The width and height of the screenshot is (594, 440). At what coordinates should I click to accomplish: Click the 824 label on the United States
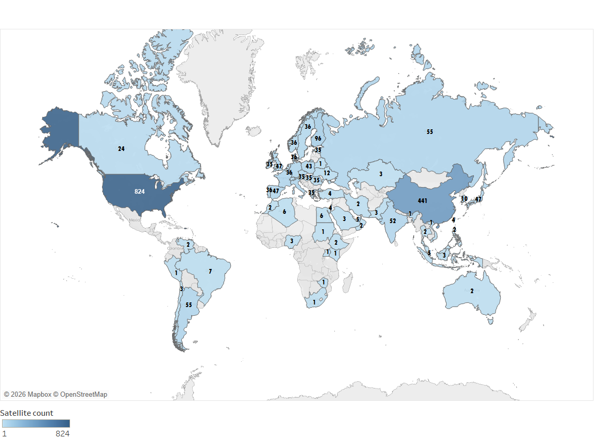point(139,192)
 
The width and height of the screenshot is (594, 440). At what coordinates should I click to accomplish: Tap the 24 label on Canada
point(121,149)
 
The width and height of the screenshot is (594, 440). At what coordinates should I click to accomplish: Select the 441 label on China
point(422,201)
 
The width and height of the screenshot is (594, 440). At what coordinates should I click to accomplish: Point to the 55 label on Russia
point(430,132)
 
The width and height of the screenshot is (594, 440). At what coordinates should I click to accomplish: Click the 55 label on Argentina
point(189,305)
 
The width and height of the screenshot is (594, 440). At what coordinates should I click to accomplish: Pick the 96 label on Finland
point(318,139)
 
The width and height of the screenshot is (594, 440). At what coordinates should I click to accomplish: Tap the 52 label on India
point(393,221)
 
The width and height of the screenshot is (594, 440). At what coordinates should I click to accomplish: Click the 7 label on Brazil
point(210,271)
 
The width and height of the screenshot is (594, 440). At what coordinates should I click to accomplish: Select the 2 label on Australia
point(472,291)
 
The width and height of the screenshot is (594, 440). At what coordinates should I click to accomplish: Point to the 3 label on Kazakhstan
point(381,174)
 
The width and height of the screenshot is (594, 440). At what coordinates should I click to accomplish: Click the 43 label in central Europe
point(309,166)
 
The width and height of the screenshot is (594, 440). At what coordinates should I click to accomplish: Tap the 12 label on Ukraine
point(327,173)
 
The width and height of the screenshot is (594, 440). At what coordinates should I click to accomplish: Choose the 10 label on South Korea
point(464,199)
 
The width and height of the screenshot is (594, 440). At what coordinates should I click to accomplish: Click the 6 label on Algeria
point(284,211)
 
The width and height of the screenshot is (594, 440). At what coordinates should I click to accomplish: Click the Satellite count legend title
point(27,413)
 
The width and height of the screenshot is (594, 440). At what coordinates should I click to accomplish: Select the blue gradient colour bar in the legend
point(36,424)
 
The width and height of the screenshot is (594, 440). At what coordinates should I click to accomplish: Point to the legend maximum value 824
point(62,434)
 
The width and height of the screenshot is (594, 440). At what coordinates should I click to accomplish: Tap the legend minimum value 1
point(4,434)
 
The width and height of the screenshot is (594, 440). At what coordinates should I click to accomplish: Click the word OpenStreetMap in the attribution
point(83,395)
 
